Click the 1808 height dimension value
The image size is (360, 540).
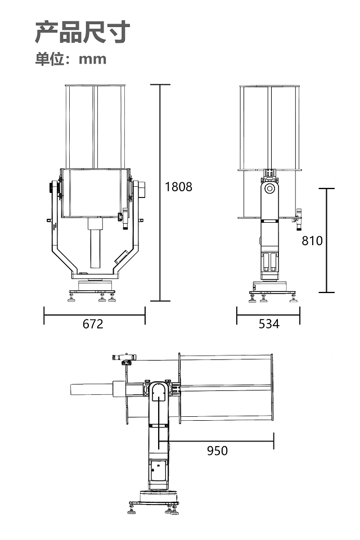[x=178, y=187]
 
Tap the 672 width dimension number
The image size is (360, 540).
[x=93, y=324]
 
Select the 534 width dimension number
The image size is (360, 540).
[x=269, y=324]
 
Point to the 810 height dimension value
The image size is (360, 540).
[x=312, y=241]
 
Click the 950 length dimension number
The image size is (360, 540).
[x=217, y=451]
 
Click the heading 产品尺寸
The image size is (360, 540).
[x=83, y=32]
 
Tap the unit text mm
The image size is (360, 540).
[x=92, y=59]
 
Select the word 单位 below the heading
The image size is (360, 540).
[x=50, y=59]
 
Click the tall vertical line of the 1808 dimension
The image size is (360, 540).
[x=160, y=192]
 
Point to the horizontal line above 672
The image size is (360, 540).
[x=94, y=315]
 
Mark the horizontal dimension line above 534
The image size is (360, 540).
[x=268, y=315]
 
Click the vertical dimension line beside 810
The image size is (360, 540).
[x=327, y=240]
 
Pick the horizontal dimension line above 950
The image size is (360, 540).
[x=216, y=440]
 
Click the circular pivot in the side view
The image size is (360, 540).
[x=269, y=189]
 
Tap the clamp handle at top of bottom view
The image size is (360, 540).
[x=124, y=357]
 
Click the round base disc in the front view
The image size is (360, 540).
[x=96, y=286]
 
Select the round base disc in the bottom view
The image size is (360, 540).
[x=159, y=496]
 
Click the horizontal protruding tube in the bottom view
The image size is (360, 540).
[x=92, y=389]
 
